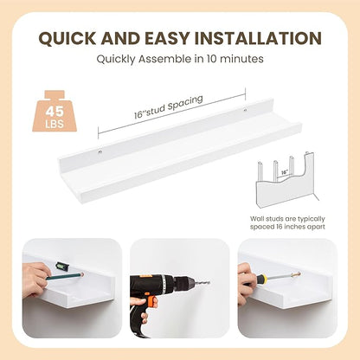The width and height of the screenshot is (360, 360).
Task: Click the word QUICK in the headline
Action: point(67,38)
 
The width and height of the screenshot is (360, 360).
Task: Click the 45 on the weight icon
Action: point(55,112)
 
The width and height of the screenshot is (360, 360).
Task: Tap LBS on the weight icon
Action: point(55,125)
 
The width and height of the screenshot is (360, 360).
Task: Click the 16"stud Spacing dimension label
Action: point(169,106)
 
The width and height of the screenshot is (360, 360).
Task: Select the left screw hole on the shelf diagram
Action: point(100,151)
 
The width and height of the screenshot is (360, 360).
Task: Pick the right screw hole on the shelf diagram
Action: point(245,110)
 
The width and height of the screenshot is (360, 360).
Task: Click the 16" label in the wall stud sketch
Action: point(285,172)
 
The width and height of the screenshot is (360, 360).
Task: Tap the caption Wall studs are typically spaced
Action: point(287,222)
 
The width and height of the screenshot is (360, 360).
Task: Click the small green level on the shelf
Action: point(61,266)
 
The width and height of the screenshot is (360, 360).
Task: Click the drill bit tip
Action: point(209,282)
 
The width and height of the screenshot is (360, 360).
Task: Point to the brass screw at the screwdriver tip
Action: point(296,274)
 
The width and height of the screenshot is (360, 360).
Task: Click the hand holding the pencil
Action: point(35,280)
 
